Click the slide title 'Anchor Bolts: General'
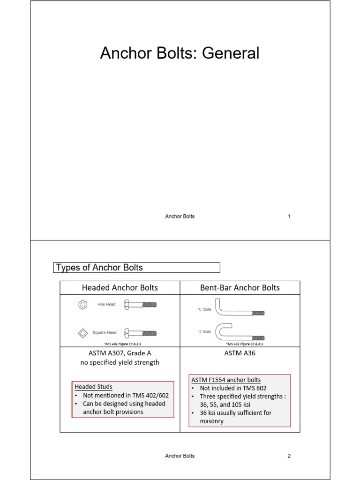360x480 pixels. coord(180,53)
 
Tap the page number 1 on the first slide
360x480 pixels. coord(289,217)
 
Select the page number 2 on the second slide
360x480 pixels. coord(289,456)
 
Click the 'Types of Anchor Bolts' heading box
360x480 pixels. coord(136,268)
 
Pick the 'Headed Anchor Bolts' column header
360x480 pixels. coord(120,287)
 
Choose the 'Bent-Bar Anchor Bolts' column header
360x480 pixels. coord(240,287)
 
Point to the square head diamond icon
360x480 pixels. coord(83,333)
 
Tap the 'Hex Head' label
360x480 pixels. coord(106,305)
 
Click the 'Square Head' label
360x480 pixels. coord(105,333)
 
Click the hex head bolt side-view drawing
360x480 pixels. coord(140,305)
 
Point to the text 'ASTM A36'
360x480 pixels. coord(240,353)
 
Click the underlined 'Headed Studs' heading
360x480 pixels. coord(93,387)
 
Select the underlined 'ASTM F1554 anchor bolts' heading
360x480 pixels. coord(226,380)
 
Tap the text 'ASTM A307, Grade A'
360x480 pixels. coord(120,353)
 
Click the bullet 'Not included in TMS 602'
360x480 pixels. coord(231,388)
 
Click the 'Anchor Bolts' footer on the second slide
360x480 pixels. coord(180,456)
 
